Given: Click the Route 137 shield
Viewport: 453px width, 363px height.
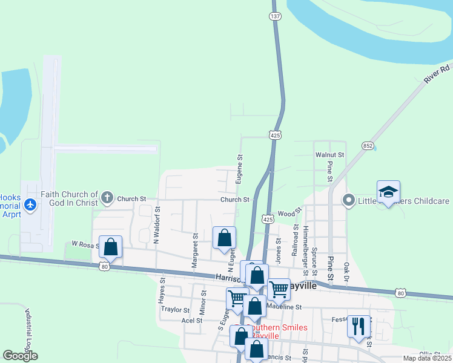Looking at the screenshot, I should click(276, 16).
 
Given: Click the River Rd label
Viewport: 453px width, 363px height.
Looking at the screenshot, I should click(437, 74).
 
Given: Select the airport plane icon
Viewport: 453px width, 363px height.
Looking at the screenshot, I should click(31, 205).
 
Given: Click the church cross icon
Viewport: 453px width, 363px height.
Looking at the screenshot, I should click(107, 197).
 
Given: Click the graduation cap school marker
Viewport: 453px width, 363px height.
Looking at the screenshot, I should click(388, 192).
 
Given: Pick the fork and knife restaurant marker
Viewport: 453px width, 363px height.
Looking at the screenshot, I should click(359, 326).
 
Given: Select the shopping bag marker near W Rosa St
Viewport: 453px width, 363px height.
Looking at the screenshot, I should click(110, 247).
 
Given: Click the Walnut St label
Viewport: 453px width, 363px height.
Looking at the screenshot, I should click(329, 155).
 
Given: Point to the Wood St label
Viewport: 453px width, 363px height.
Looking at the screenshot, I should click(286, 214).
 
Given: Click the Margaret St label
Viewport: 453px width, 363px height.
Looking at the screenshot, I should click(195, 251).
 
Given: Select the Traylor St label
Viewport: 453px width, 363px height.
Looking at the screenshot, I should click(175, 309).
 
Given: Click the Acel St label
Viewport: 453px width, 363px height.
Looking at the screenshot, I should click(191, 320).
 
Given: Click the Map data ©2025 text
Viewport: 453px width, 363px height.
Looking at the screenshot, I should click(426, 358).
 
